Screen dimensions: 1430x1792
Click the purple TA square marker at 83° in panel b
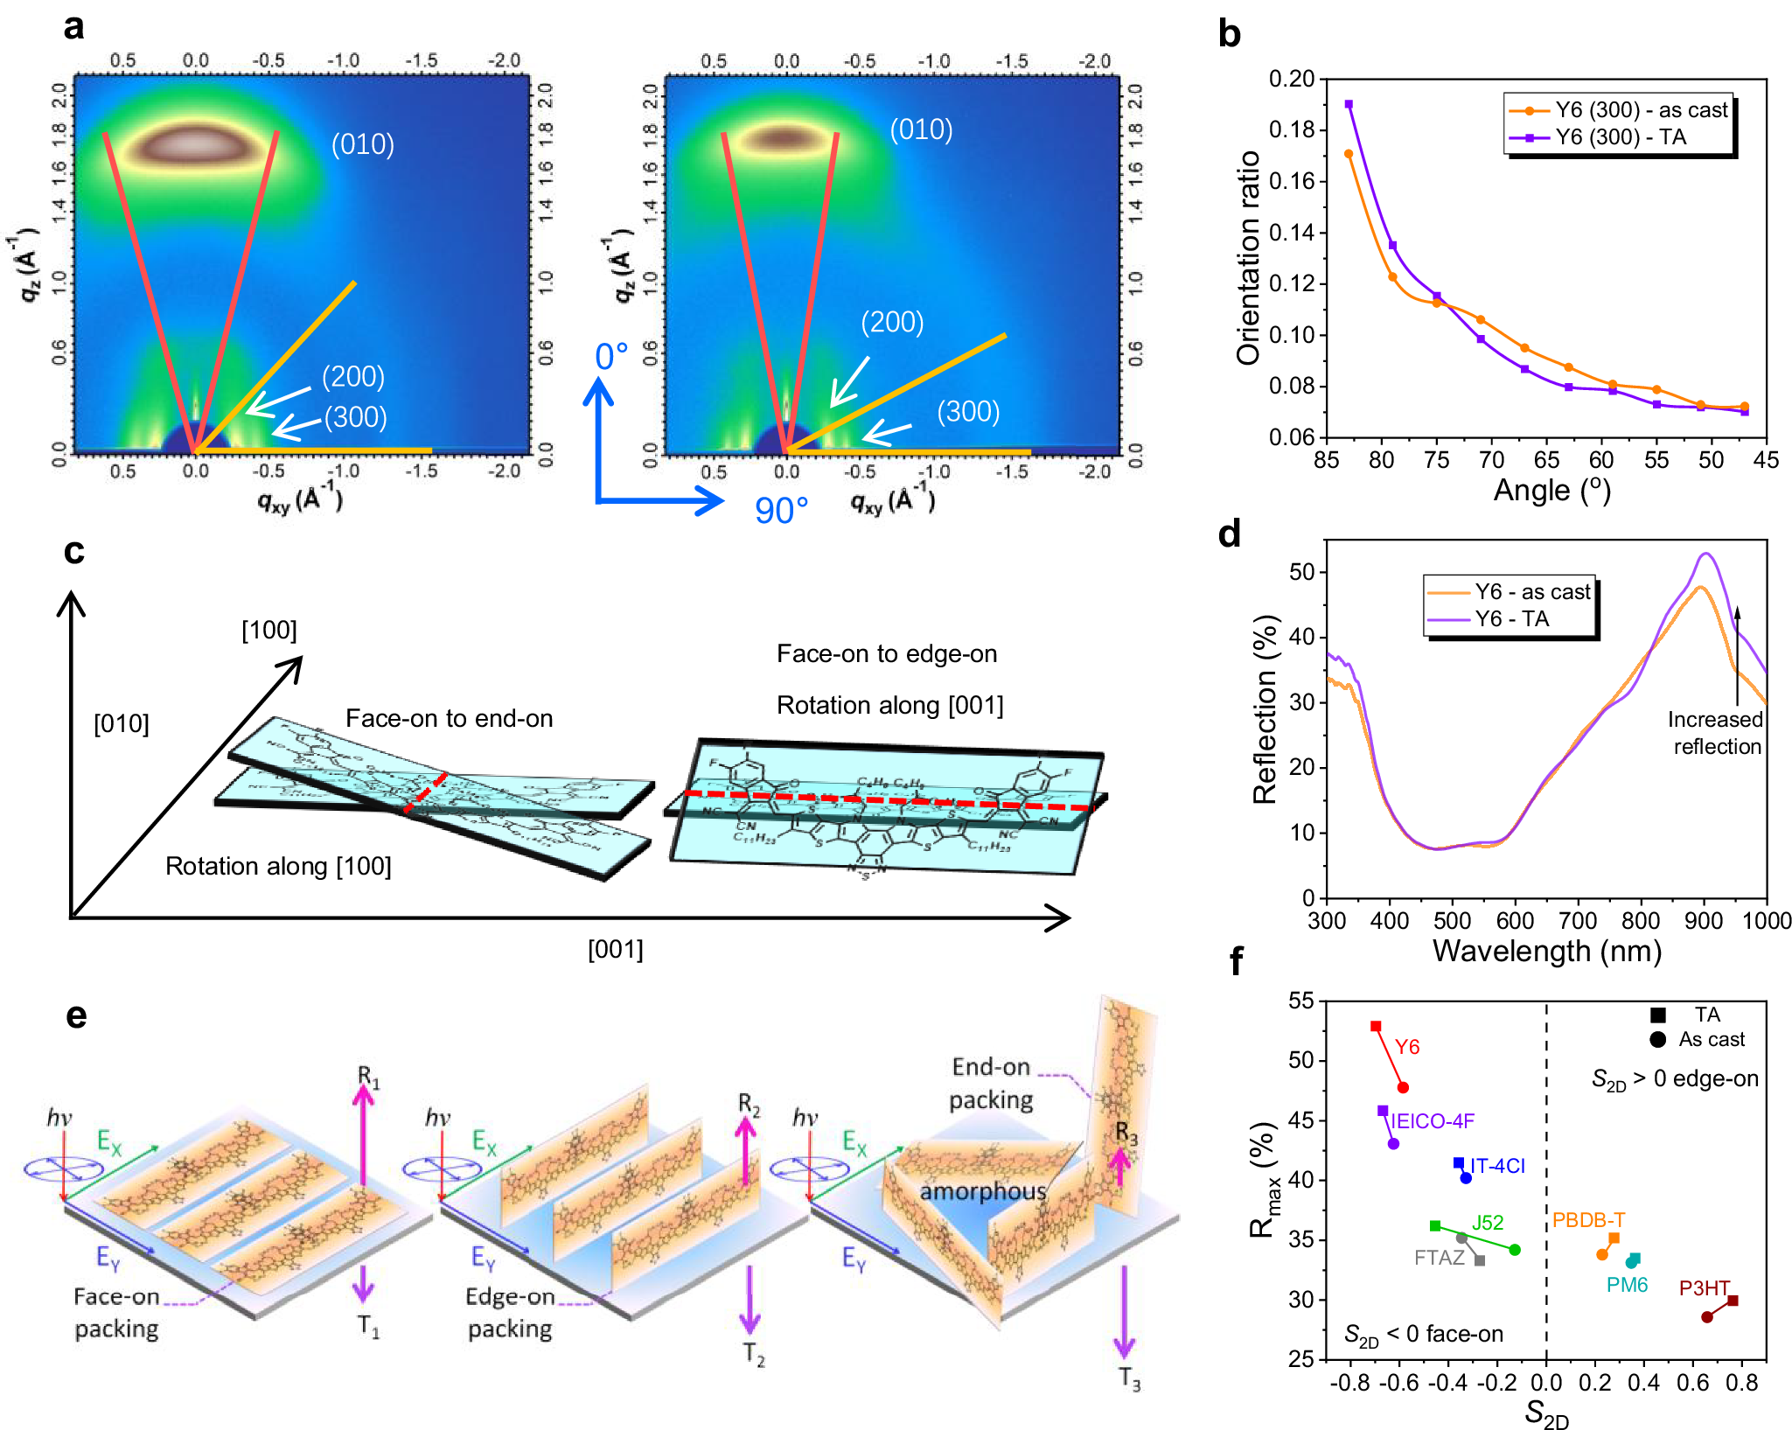click(1349, 105)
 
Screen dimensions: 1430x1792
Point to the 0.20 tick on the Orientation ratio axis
click(1292, 80)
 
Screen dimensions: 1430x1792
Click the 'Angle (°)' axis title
click(1551, 490)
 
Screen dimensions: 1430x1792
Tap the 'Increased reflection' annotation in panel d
click(1714, 733)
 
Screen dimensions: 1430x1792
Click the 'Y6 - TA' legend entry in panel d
click(1511, 619)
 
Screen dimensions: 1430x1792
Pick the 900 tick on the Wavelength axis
click(1704, 921)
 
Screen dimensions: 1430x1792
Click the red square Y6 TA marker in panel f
click(1376, 1026)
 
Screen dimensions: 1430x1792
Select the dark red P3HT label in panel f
click(1704, 1288)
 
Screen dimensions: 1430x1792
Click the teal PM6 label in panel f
click(1627, 1285)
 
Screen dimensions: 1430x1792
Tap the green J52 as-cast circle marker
click(1515, 1250)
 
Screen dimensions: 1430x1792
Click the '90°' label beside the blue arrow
click(781, 511)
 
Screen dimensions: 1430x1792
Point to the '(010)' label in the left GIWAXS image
click(362, 144)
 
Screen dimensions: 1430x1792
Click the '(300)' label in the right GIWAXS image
click(968, 412)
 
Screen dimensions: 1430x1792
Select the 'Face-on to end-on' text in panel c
click(450, 719)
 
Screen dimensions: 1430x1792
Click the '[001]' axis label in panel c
click(615, 950)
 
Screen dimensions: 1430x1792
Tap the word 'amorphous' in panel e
click(982, 1192)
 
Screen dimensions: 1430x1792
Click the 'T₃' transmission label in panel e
click(1129, 1379)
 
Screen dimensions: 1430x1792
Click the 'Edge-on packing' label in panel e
click(510, 1313)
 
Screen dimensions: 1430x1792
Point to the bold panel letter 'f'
click(1235, 962)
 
